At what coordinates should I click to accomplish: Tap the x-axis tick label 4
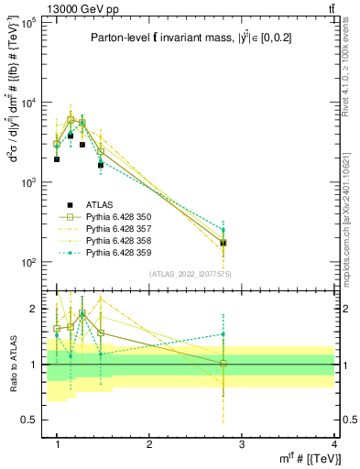click(x=334, y=443)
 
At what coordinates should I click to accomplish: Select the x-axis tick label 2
click(x=149, y=443)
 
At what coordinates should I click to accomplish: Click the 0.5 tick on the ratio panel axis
click(x=28, y=420)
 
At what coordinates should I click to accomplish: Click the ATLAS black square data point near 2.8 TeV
click(x=223, y=243)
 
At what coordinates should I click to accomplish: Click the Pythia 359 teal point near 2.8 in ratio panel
click(x=223, y=334)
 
